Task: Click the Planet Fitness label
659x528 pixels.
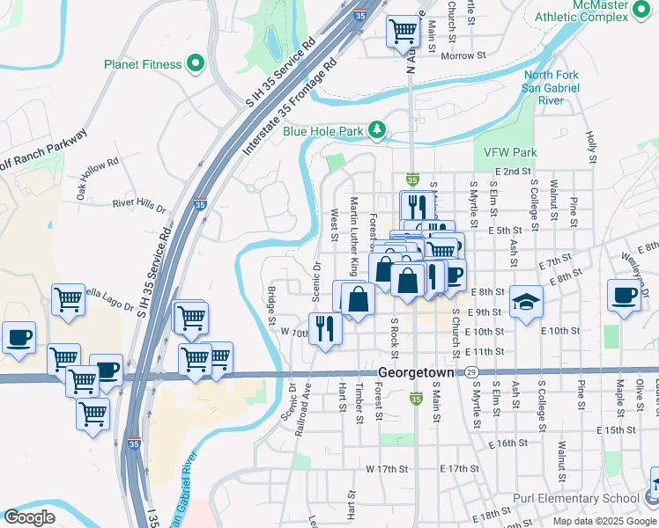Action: click(143, 64)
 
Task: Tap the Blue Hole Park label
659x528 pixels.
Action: click(323, 132)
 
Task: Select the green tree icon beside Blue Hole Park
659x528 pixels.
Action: click(378, 131)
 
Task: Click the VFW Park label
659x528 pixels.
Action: click(510, 152)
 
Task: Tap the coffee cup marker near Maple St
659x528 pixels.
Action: click(625, 296)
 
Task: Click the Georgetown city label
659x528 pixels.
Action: click(416, 373)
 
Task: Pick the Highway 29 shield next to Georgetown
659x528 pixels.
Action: click(472, 373)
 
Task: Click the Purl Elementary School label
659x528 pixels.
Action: click(578, 499)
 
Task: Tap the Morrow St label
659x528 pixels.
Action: click(463, 56)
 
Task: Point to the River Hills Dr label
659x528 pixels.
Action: click(139, 207)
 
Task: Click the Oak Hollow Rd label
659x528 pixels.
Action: click(97, 175)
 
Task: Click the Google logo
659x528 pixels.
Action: click(28, 517)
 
